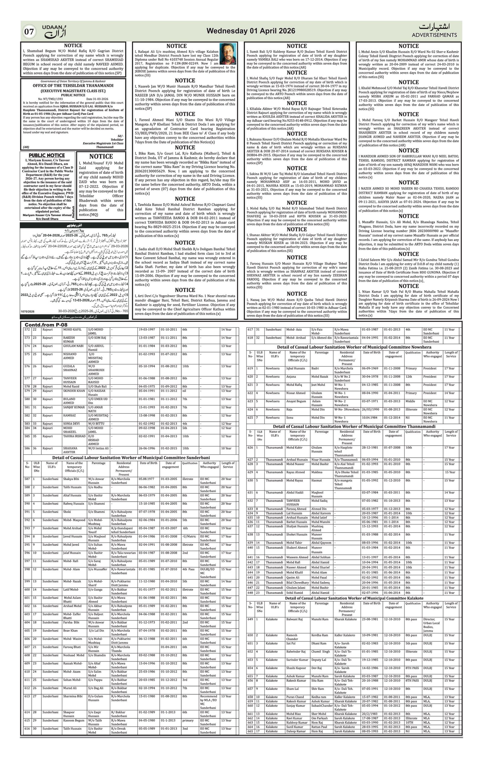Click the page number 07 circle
point(29,31)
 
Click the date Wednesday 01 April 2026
point(251,31)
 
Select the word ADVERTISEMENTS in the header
point(434,35)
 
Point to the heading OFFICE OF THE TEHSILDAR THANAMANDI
point(73,85)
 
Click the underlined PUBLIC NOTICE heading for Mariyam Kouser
point(47,155)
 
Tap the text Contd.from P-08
point(46,325)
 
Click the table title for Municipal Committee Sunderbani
point(131,457)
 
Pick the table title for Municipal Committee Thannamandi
point(354,427)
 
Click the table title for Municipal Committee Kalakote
point(354,598)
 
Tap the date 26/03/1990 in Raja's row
point(371,409)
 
